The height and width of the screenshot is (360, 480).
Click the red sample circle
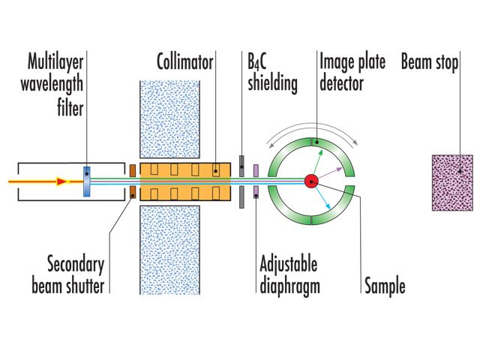point(310,181)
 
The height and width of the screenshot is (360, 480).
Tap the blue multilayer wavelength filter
point(87,181)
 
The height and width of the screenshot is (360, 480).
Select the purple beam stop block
point(452,182)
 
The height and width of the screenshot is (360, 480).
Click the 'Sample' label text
point(384,286)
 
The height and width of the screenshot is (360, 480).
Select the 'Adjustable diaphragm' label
point(288,274)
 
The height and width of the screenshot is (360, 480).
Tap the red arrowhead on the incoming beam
point(64,181)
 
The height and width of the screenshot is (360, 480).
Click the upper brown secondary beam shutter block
point(132,170)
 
